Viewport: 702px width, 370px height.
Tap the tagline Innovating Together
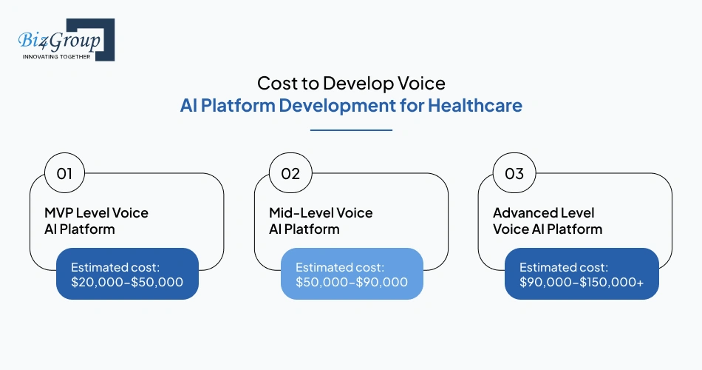56,56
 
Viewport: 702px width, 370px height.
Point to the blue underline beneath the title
351,130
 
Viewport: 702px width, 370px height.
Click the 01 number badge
64,174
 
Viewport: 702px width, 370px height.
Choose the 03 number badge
514,174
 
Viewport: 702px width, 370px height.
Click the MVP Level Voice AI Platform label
96,221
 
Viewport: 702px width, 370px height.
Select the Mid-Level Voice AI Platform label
321,221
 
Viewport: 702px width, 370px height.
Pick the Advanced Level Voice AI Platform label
547,221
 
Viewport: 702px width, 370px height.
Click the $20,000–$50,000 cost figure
127,282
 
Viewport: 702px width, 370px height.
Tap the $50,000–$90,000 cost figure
352,282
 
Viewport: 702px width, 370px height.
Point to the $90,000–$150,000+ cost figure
581,282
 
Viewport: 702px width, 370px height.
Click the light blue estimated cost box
352,274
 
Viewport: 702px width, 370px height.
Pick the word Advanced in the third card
525,213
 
